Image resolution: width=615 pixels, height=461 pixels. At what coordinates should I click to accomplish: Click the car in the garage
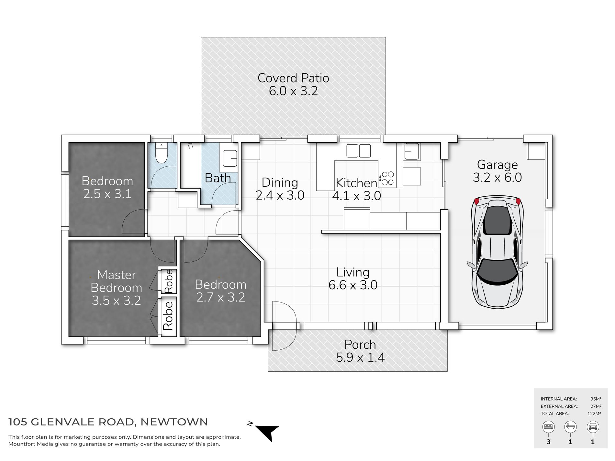click(498, 251)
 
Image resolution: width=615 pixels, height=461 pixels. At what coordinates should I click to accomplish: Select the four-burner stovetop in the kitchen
click(387, 178)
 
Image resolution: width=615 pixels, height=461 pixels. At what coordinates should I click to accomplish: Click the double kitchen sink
click(359, 151)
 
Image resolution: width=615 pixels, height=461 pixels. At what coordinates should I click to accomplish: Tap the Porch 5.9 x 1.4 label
click(360, 351)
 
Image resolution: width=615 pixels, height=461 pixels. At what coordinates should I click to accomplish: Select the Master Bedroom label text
click(116, 281)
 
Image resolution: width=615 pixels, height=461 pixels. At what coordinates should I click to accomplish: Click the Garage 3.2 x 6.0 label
click(497, 171)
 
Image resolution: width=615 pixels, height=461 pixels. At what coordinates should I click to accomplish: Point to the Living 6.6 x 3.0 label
click(353, 279)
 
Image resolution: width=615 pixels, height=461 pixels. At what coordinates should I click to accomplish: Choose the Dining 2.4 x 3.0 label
click(280, 189)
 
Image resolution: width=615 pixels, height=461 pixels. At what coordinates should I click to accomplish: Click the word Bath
click(218, 178)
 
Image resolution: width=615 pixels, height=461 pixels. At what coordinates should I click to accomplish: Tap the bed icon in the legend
click(548, 427)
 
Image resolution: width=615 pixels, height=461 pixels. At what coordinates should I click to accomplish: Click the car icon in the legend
click(593, 427)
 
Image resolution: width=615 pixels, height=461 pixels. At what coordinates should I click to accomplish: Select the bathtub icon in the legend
click(570, 427)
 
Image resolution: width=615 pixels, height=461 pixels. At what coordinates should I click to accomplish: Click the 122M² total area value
click(594, 413)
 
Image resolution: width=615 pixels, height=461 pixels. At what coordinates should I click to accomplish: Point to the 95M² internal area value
click(596, 399)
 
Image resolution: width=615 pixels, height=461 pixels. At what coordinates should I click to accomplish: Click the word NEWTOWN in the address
click(174, 422)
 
